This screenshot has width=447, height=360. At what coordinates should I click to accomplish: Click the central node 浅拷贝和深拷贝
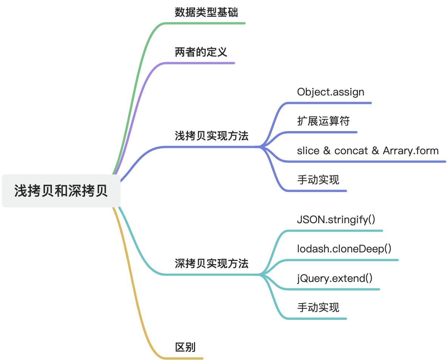coord(61,191)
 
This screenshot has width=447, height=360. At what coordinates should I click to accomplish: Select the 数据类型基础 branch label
coord(206,13)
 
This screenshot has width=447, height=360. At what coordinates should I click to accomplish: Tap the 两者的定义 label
coord(201,52)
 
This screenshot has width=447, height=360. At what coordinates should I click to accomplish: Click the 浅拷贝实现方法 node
coord(212,136)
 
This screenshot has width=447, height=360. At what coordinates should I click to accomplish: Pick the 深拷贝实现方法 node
coord(212,263)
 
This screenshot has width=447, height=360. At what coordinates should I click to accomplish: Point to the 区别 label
coord(185,347)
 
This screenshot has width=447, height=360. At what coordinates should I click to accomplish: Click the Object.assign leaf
coord(331,92)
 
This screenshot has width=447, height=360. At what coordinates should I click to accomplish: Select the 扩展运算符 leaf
coord(324,121)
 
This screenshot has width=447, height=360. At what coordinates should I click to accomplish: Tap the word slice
coord(308,151)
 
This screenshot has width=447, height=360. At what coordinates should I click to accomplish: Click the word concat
coord(351,151)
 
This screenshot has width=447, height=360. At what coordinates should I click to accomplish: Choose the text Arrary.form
coord(411,151)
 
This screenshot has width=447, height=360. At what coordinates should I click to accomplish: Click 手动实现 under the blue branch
coord(318,180)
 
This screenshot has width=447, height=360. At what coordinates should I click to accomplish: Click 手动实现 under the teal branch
coord(318,307)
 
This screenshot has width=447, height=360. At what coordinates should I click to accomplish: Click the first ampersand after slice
coord(327,151)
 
